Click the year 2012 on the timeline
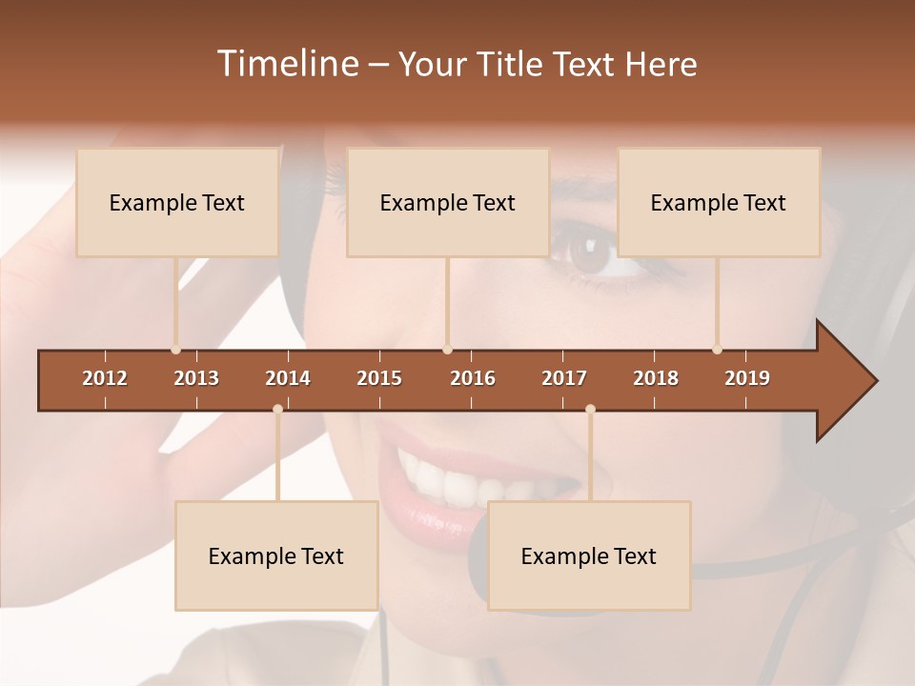[x=105, y=378]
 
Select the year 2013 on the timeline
[x=196, y=378]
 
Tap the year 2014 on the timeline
[x=288, y=378]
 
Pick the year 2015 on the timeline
[x=379, y=378]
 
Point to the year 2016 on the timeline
[x=473, y=378]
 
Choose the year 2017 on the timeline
[x=564, y=378]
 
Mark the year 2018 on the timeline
[x=656, y=378]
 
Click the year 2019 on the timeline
[x=747, y=378]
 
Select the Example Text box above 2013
[x=177, y=202]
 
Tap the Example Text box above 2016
[x=448, y=202]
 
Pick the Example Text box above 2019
[x=719, y=202]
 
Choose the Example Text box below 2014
[x=276, y=555]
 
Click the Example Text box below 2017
[x=589, y=555]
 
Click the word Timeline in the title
[x=286, y=64]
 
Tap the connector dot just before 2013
[x=176, y=349]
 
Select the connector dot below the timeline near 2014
[x=277, y=410]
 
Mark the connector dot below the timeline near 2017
[x=590, y=410]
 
